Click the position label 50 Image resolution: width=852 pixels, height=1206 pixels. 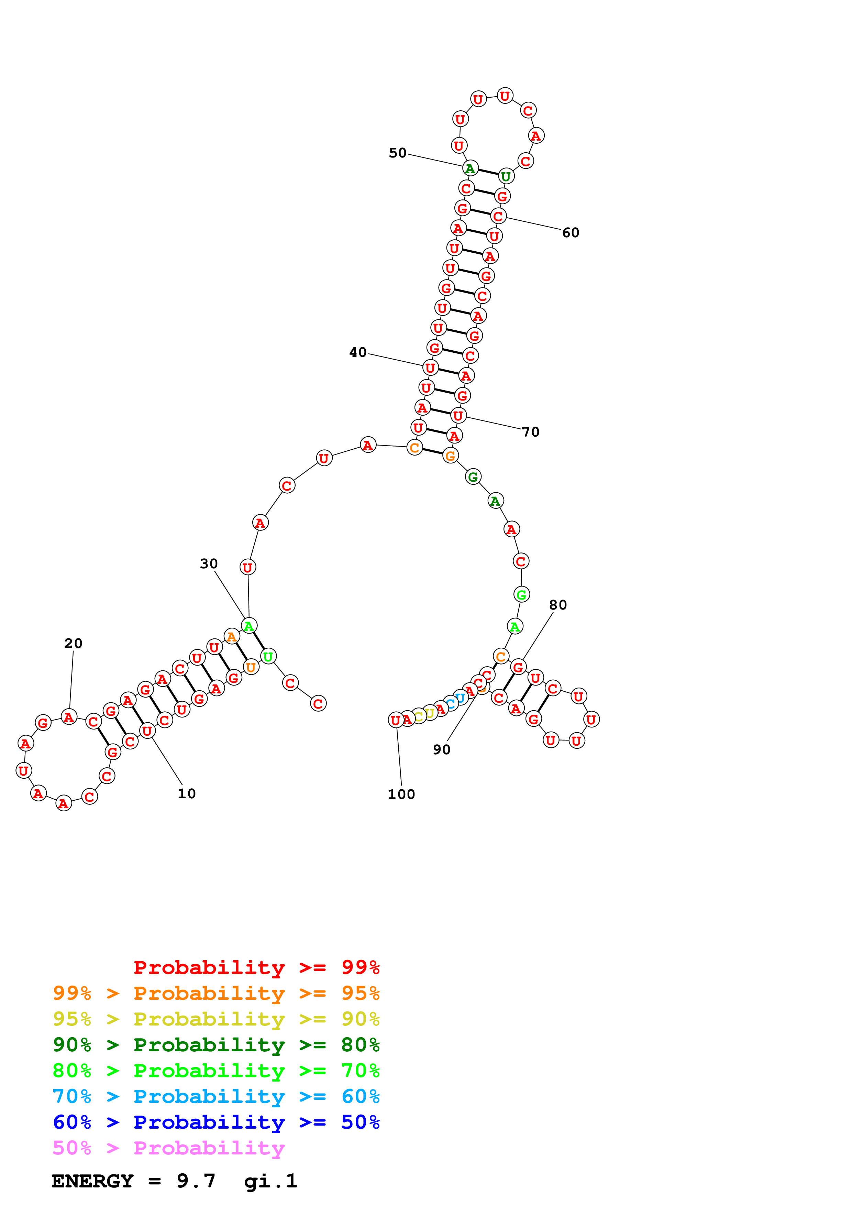(x=397, y=153)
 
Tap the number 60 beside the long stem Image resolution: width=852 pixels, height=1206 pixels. (x=571, y=233)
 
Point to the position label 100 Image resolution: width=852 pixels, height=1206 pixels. (x=401, y=794)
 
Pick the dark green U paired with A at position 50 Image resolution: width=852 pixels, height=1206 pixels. (x=506, y=176)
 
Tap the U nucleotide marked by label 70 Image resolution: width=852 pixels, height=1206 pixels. (x=458, y=416)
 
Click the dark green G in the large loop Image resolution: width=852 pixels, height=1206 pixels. (x=473, y=477)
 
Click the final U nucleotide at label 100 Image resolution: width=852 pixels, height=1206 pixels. (x=396, y=720)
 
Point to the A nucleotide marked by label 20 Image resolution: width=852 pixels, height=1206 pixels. (x=69, y=717)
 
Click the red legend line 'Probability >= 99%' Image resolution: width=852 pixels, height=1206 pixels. (x=256, y=967)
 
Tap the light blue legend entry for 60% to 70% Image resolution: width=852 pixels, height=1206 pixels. (x=216, y=1096)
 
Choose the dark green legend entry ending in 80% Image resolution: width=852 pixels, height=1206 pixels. (x=216, y=1045)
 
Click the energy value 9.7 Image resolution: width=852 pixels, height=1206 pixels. (x=196, y=1181)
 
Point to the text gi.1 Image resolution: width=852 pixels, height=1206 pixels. (x=270, y=1181)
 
